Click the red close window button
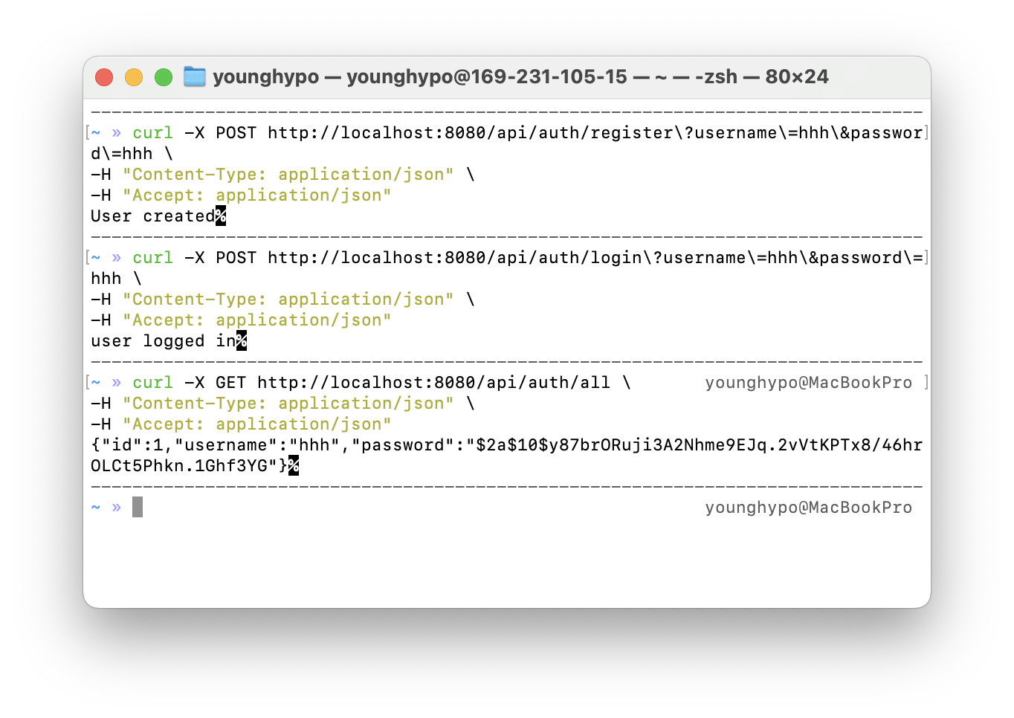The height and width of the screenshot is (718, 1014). click(x=104, y=77)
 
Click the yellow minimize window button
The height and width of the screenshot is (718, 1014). click(x=134, y=77)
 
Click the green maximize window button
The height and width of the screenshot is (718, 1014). click(x=164, y=77)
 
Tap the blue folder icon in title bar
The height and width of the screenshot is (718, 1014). click(x=195, y=77)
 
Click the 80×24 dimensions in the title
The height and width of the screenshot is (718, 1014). click(x=796, y=77)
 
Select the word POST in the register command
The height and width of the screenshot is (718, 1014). click(x=236, y=133)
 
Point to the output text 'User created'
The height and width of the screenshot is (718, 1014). click(x=152, y=216)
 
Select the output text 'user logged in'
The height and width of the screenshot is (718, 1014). click(x=163, y=341)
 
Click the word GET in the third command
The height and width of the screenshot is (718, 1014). click(x=230, y=383)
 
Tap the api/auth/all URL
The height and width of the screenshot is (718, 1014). click(x=433, y=383)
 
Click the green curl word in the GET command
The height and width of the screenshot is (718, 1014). click(x=152, y=383)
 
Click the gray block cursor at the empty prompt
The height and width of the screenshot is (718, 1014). click(x=138, y=507)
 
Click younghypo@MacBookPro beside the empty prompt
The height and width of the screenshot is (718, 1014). click(x=808, y=508)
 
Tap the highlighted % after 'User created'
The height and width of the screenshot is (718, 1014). click(x=221, y=216)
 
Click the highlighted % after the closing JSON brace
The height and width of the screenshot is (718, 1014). click(x=294, y=466)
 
